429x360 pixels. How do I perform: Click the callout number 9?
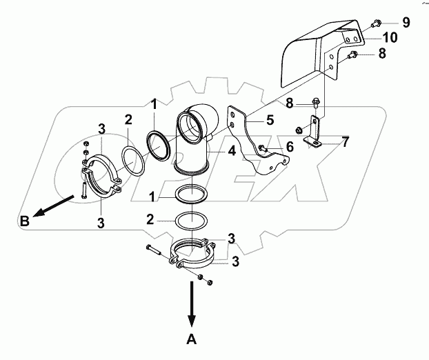(406, 22)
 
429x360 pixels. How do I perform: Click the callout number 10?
(390, 37)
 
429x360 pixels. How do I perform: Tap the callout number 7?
(346, 142)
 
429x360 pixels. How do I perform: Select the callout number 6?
(290, 147)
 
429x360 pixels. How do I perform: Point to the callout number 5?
(270, 120)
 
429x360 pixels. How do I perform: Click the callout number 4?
(232, 151)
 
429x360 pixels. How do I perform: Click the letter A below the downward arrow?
(192, 339)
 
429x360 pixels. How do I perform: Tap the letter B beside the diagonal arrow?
(25, 221)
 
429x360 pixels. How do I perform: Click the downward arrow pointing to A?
(192, 304)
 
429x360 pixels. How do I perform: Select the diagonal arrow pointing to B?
(53, 206)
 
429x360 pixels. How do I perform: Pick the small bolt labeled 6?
(262, 148)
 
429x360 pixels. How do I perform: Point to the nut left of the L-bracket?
(299, 130)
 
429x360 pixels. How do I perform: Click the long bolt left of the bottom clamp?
(155, 250)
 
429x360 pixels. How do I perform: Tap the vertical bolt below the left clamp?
(83, 188)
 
